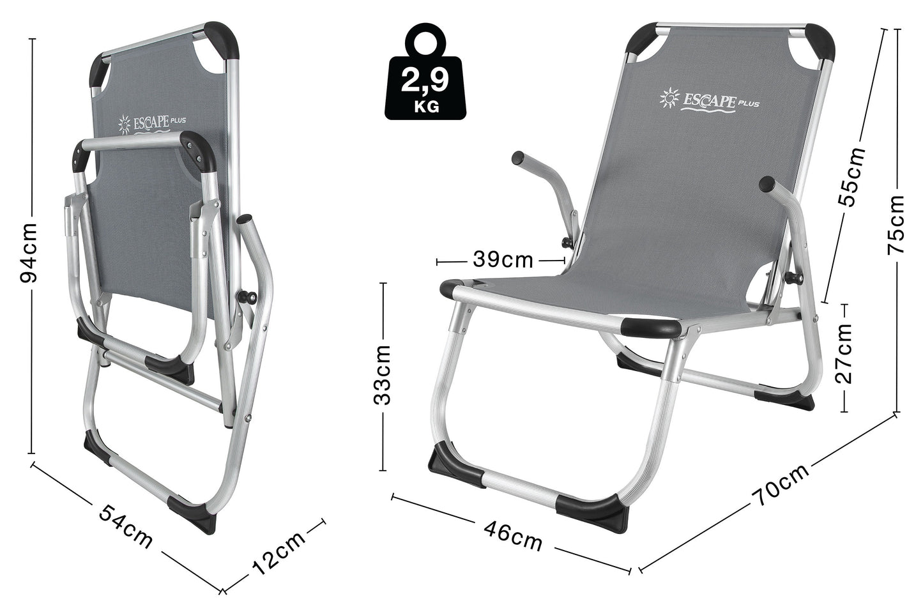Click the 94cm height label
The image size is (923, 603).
[x=29, y=253]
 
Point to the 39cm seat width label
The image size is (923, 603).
[x=503, y=260]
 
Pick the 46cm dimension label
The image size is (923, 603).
[x=513, y=536]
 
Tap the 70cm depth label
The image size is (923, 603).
[x=780, y=486]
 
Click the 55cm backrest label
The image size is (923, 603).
[x=853, y=176]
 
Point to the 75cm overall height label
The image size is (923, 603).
[x=896, y=225]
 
